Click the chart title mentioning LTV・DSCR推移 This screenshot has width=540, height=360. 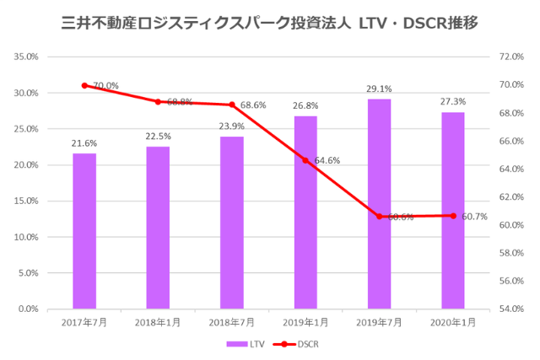270,23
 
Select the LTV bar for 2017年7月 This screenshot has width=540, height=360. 84,231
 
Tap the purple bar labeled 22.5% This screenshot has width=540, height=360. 158,228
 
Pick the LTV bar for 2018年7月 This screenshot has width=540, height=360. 232,223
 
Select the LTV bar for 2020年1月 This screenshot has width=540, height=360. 453,211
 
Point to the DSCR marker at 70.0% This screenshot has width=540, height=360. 84,85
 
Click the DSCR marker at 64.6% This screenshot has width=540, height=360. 305,160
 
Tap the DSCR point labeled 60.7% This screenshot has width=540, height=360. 453,216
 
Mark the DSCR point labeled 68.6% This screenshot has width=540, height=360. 232,105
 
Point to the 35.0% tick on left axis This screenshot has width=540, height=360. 28,57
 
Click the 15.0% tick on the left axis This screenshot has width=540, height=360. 28,201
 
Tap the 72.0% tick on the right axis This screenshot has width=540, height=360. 512,57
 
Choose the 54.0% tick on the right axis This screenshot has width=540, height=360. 512,309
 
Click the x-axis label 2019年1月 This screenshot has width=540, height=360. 305,322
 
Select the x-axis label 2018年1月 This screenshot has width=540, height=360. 158,322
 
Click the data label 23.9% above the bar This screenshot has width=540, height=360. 232,126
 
